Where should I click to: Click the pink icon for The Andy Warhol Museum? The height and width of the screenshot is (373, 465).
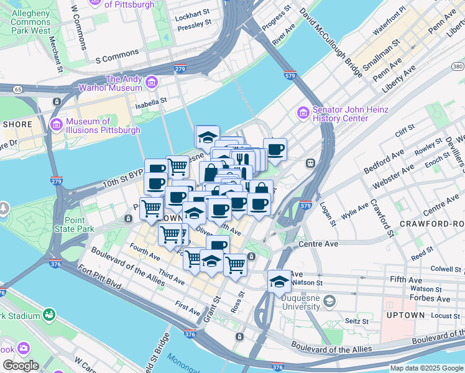pyautogui.click(x=151, y=82)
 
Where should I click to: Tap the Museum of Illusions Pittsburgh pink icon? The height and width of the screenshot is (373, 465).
pyautogui.click(x=57, y=125)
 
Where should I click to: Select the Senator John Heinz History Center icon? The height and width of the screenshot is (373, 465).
pyautogui.click(x=303, y=113)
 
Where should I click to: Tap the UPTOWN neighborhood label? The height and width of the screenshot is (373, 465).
pyautogui.click(x=405, y=315)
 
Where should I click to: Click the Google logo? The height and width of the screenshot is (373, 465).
pyautogui.click(x=20, y=366)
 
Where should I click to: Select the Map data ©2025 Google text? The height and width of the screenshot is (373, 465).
pyautogui.click(x=426, y=368)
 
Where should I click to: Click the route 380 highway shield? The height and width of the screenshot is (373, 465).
pyautogui.click(x=458, y=66)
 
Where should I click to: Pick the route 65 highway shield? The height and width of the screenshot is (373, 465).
pyautogui.click(x=17, y=90)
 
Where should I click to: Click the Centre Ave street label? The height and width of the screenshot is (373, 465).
pyautogui.click(x=318, y=244)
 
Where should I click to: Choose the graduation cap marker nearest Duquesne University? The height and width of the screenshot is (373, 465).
pyautogui.click(x=279, y=281)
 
